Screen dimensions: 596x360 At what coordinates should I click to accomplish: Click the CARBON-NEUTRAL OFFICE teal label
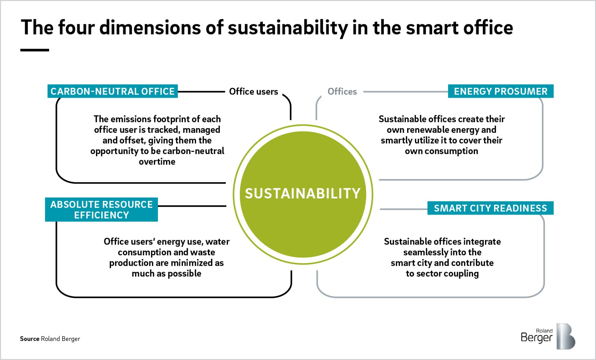(112, 91)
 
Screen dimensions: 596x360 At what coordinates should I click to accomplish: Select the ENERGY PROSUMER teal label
(501, 91)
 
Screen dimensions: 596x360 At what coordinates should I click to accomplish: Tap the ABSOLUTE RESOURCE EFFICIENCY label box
(101, 210)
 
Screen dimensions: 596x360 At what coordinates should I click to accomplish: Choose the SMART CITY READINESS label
(490, 208)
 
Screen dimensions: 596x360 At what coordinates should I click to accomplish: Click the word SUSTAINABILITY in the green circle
(303, 193)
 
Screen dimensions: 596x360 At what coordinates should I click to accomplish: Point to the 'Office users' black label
(254, 92)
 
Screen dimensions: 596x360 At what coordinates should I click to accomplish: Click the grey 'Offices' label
(342, 92)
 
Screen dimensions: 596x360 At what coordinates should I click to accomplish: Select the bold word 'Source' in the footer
(29, 339)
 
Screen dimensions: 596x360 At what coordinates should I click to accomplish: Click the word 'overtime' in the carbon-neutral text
(157, 162)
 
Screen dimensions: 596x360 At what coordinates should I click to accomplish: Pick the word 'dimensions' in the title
(150, 28)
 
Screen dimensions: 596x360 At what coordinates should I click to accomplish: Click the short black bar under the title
(35, 50)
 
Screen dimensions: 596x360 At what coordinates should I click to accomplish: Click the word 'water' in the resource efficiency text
(218, 242)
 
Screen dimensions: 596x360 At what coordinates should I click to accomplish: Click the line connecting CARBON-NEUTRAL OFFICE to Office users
(202, 92)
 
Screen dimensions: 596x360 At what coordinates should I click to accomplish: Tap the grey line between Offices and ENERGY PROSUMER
(406, 92)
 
